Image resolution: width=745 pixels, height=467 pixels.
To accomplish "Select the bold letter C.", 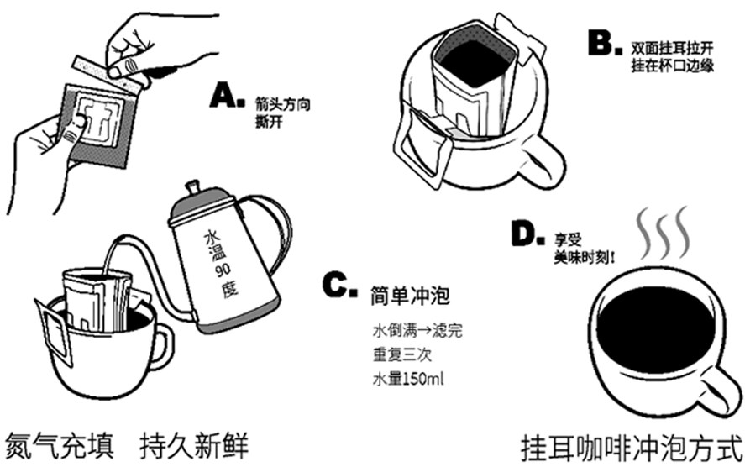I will [x=339, y=286].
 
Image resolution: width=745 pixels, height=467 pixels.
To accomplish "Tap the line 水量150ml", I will [x=407, y=379].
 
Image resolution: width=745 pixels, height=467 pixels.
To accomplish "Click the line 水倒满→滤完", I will [x=416, y=329].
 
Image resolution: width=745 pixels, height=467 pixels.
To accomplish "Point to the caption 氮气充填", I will [x=60, y=443].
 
